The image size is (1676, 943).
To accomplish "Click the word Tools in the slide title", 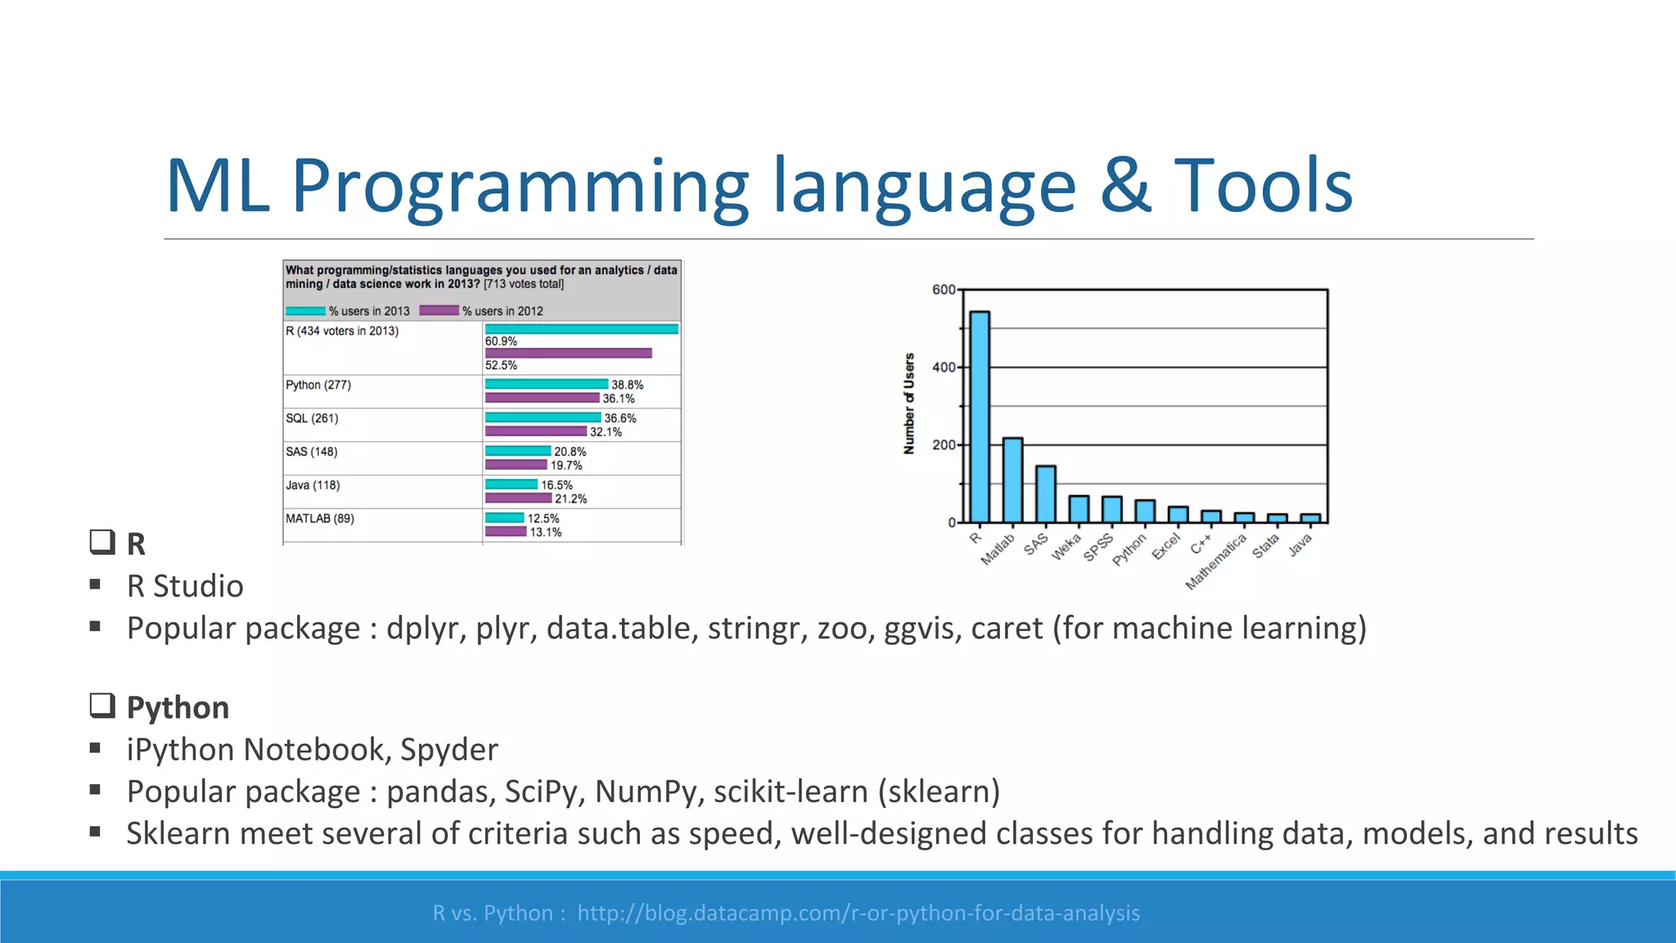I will [x=1263, y=186].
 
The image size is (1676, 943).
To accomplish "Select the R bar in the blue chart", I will [x=979, y=417].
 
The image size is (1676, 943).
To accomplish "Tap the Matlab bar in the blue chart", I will [x=1012, y=481].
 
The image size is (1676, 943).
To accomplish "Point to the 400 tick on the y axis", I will [x=944, y=368].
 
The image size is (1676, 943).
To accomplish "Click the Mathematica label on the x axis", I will [x=1216, y=562].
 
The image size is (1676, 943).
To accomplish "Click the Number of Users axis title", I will [x=908, y=404].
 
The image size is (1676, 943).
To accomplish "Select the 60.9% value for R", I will [x=501, y=341].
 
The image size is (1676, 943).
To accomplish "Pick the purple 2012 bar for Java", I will [x=518, y=499].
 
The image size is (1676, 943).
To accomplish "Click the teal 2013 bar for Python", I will [x=546, y=384].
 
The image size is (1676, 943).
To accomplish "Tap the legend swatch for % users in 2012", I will [x=439, y=311].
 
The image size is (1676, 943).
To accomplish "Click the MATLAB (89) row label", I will [x=320, y=518].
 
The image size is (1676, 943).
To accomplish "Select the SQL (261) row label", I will [x=312, y=418].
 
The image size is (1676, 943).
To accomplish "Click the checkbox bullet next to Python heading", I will [x=101, y=706].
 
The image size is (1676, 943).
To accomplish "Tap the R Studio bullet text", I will [x=185, y=586].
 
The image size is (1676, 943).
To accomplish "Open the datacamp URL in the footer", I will [x=858, y=913].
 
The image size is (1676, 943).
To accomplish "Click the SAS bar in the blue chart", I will [x=1045, y=494].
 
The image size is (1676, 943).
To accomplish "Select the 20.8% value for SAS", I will [x=570, y=452].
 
